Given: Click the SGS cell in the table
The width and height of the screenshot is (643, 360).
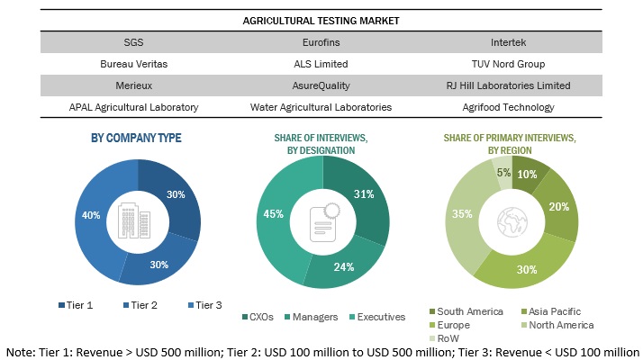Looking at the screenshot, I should pos(132,41).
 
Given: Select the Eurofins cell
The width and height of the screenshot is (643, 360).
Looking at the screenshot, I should pos(321,41).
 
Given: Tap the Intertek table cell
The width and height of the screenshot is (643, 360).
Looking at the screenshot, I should pos(511,41).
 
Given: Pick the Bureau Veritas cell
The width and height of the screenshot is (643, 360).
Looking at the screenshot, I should pos(133,64).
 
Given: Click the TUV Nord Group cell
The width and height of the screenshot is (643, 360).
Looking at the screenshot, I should pos(511,64).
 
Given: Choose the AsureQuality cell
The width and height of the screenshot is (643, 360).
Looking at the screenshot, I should pos(321,85).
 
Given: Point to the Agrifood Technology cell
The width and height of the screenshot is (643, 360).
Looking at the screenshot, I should pos(511,107).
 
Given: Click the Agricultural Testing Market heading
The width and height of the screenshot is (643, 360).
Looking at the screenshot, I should pos(321,20).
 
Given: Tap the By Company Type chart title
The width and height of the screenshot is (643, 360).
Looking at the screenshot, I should pos(136,138).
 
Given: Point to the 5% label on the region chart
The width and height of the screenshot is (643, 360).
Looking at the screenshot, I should pos(503,173).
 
